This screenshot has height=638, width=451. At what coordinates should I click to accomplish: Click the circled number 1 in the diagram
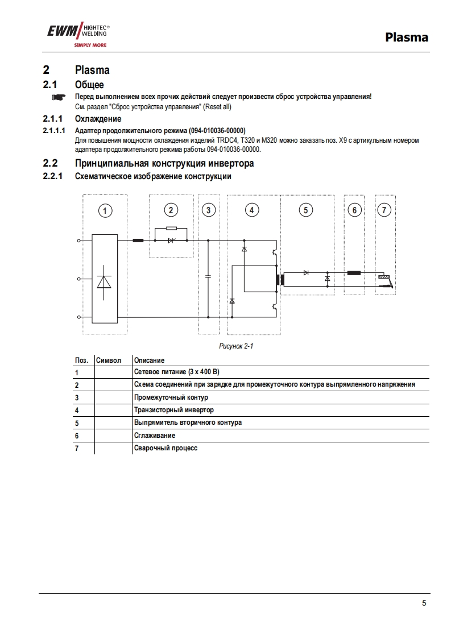[104, 210]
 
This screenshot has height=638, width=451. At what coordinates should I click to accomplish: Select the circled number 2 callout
[171, 210]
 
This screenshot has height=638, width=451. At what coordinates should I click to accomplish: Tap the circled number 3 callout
[209, 210]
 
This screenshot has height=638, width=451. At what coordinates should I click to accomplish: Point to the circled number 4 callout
[251, 210]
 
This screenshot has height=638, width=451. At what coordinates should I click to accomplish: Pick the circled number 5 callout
[305, 210]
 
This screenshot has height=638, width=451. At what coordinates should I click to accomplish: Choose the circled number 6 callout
[354, 210]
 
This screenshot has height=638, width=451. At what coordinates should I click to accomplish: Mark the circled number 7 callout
[384, 210]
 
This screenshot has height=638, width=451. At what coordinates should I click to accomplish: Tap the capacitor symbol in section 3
[208, 276]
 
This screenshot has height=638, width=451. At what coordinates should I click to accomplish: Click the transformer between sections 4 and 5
[280, 279]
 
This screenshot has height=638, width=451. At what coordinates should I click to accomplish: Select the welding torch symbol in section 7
[385, 280]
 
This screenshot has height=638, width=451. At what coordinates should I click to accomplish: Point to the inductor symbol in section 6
[354, 273]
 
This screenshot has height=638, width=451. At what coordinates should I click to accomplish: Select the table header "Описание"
[149, 360]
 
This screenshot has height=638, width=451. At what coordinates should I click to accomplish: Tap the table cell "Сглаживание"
[154, 435]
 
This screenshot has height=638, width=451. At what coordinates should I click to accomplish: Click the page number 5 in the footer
[424, 603]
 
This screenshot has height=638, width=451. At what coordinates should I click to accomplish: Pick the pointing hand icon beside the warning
[59, 97]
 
